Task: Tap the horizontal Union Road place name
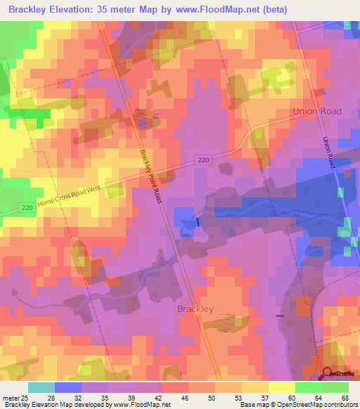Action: [317, 111]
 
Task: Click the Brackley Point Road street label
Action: [150, 176]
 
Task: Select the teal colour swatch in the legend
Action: [41, 387]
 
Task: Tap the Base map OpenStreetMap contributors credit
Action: [298, 404]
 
